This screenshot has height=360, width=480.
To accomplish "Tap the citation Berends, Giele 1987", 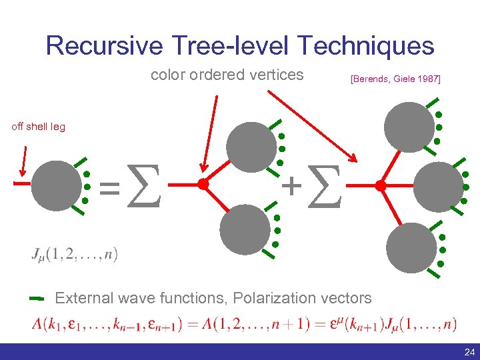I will (395, 79).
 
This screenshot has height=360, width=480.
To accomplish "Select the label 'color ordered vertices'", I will (227, 75).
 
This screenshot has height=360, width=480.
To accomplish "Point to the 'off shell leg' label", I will (38, 127).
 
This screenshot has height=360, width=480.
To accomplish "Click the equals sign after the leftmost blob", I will (110, 187).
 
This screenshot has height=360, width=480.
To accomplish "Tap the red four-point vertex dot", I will (381, 186).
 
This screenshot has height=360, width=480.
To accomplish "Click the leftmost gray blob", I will (53, 185).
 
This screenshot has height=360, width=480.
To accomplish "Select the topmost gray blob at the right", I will (407, 124).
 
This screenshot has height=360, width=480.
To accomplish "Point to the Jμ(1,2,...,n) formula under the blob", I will (74, 254).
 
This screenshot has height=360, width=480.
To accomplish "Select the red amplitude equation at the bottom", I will (244, 325).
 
